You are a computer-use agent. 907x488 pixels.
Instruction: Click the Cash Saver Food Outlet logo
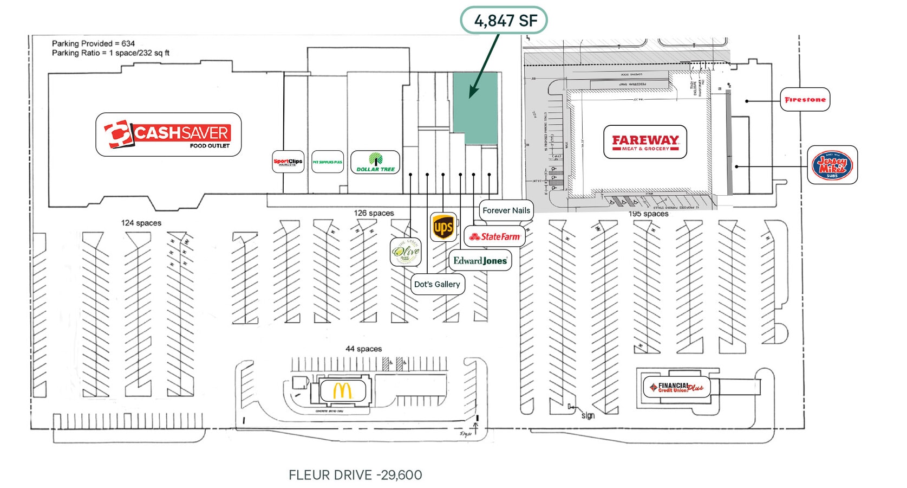[168, 134]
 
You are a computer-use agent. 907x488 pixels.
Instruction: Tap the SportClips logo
[288, 162]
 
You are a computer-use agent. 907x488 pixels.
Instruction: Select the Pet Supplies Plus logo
[328, 162]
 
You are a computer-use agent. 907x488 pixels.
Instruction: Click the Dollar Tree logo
[375, 162]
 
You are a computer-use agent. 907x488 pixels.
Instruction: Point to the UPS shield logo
[443, 227]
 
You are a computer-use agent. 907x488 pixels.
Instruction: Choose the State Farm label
[494, 236]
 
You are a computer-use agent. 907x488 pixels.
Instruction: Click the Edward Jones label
[480, 261]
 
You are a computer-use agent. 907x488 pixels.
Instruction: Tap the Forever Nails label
[506, 210]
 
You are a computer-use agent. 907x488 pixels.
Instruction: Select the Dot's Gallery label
[437, 284]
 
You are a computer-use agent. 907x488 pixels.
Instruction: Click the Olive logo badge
[406, 251]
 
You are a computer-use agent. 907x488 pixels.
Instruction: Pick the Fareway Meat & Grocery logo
[645, 142]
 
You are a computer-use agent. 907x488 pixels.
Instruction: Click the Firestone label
[805, 100]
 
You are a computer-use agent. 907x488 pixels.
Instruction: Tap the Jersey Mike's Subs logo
[832, 165]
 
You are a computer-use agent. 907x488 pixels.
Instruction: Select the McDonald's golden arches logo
[342, 390]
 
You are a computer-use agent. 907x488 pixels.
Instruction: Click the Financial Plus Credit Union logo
[676, 387]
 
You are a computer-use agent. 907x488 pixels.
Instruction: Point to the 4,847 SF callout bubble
[504, 21]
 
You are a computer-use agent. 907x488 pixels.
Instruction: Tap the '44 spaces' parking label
[363, 349]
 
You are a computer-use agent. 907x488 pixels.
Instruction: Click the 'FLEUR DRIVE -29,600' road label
[355, 475]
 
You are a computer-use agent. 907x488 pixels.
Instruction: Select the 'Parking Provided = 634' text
[93, 43]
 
